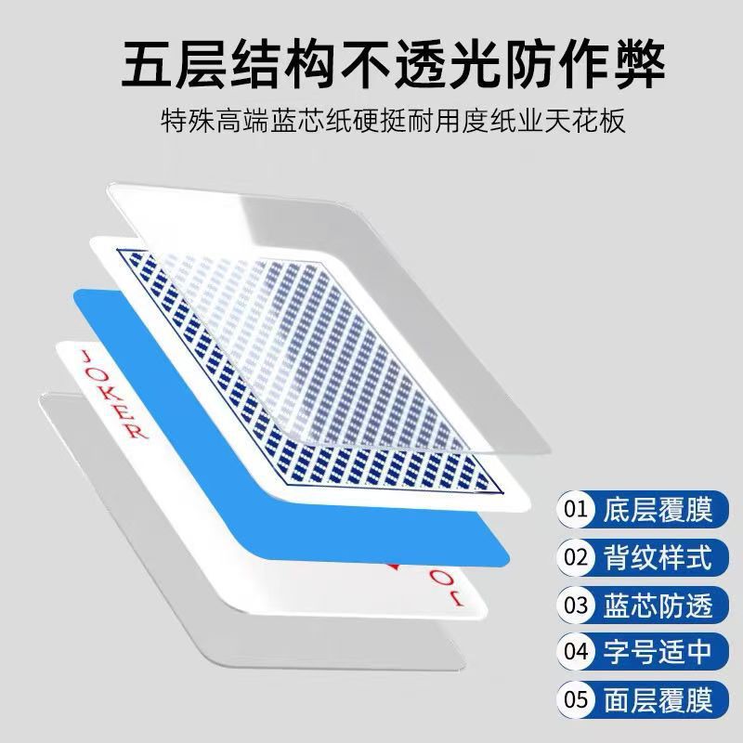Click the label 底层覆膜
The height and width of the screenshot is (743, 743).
(x=658, y=510)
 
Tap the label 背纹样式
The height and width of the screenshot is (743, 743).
(x=658, y=558)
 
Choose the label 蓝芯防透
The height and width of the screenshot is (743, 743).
(x=658, y=606)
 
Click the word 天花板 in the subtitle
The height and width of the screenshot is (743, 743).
(x=593, y=122)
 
